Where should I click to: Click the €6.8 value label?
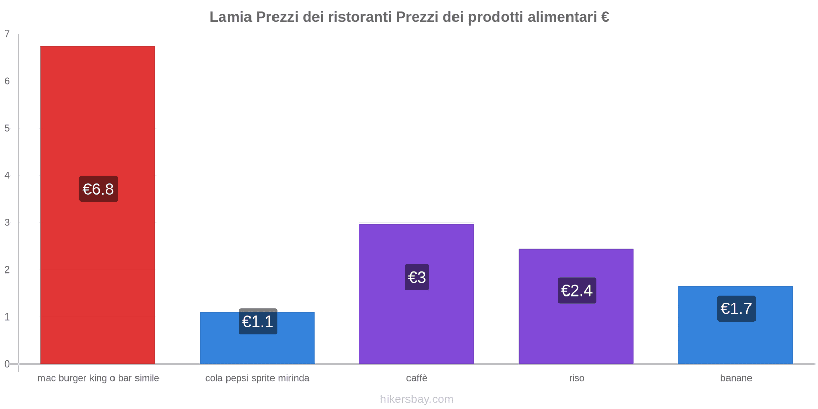tap(98, 189)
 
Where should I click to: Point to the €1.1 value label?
tap(258, 322)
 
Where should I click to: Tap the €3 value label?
tap(417, 278)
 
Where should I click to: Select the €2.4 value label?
tap(577, 290)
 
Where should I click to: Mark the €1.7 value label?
tap(736, 309)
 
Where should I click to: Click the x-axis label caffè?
tap(417, 378)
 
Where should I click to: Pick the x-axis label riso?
tap(576, 378)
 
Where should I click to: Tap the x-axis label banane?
tap(736, 378)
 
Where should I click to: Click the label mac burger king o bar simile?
tap(98, 378)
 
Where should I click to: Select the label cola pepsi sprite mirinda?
tap(257, 378)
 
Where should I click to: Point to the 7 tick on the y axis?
tap(7, 34)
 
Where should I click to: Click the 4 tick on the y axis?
tap(7, 176)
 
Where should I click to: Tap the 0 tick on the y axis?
tap(7, 364)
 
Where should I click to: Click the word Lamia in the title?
tap(231, 17)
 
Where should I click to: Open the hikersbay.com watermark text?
tap(417, 399)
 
